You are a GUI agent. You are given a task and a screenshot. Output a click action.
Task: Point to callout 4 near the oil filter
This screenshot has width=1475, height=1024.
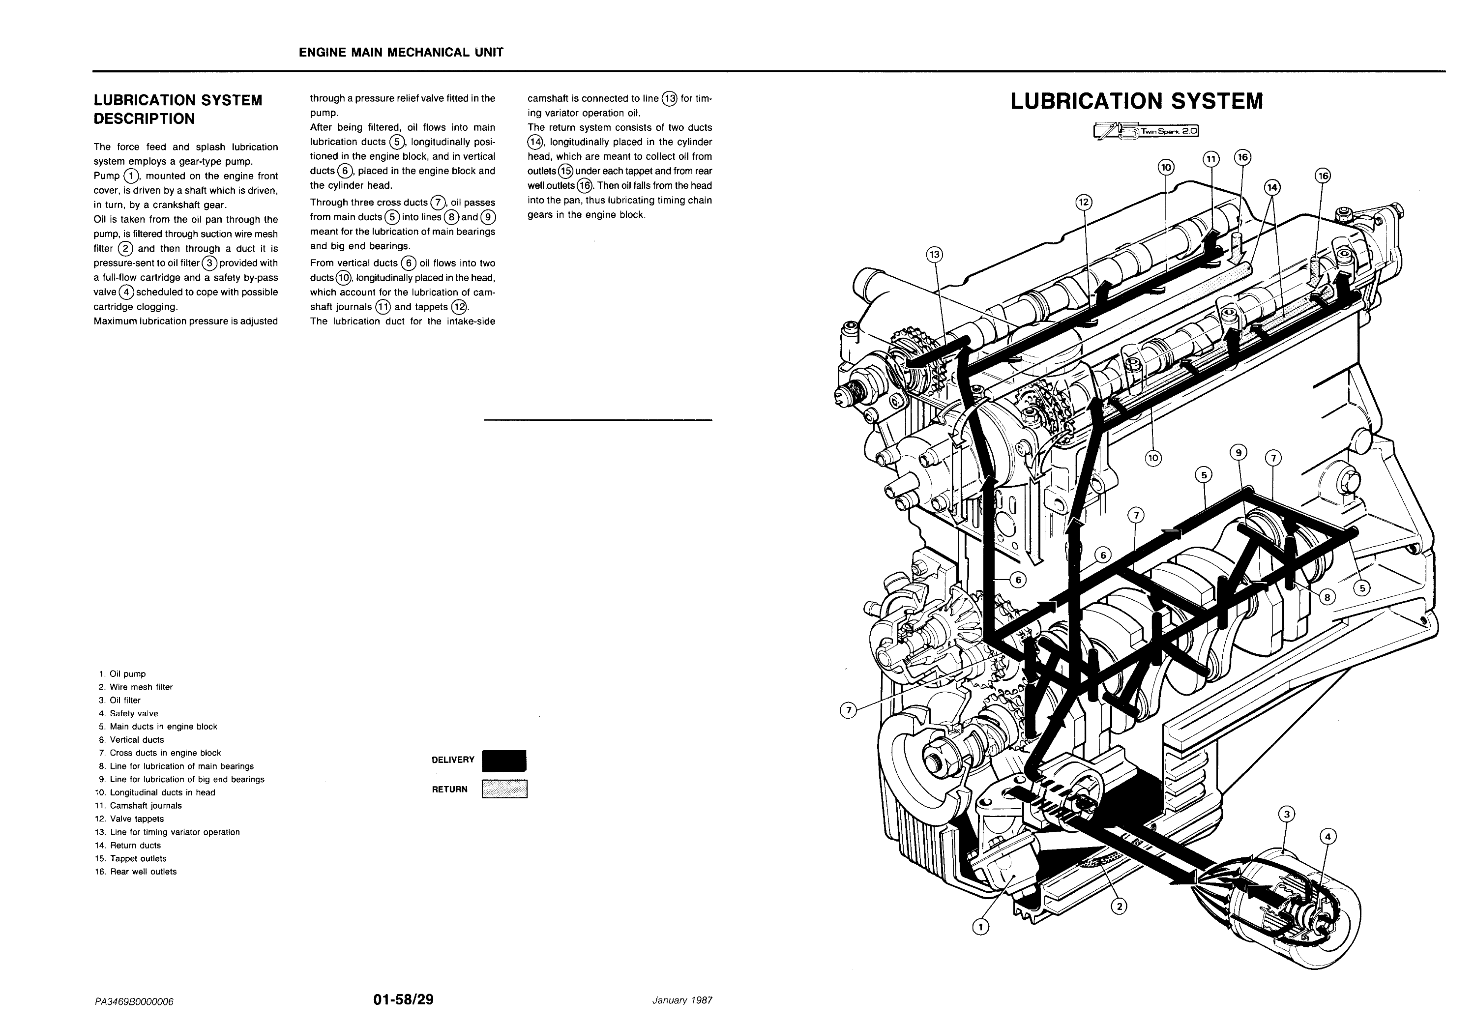1327,837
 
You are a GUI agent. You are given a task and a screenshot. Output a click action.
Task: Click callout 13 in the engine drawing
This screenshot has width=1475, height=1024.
935,255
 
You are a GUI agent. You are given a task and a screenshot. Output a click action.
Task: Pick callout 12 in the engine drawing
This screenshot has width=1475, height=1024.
1084,203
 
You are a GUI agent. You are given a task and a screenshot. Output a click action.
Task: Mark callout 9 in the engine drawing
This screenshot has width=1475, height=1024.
1238,453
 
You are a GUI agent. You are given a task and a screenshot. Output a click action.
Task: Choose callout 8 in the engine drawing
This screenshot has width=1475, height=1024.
1327,597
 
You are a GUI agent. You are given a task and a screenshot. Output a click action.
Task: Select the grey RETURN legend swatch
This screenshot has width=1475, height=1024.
504,789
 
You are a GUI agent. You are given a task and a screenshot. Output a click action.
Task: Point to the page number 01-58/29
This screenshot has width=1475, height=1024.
403,999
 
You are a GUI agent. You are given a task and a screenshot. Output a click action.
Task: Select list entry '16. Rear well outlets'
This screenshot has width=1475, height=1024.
136,871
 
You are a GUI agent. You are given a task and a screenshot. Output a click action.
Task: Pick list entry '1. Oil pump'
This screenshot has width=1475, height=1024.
123,673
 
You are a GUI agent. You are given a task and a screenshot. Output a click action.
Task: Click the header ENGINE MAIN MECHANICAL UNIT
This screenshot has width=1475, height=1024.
401,53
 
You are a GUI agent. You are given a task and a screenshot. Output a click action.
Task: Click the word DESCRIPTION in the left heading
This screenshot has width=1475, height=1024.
145,118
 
